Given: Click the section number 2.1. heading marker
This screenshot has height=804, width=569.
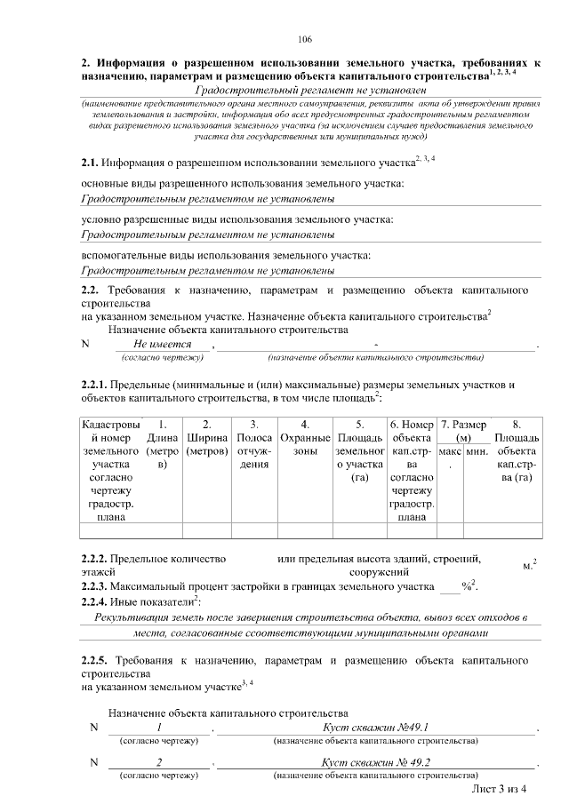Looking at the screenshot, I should pos(90,163).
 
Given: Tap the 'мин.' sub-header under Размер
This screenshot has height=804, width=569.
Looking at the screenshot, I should pos(477,451).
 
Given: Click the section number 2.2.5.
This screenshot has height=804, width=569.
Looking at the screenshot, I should pos(93,662).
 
